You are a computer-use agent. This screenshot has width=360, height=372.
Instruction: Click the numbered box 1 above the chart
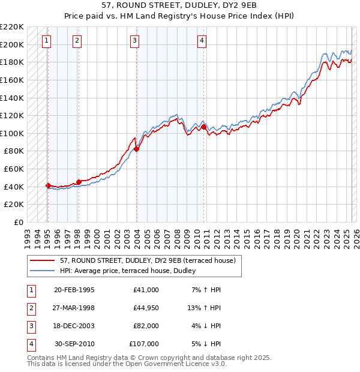tap(47, 41)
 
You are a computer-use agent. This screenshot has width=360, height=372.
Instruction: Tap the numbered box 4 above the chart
tap(202, 41)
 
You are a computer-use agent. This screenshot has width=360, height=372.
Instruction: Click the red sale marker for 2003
tap(137, 149)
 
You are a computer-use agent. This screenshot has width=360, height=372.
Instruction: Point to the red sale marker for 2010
tap(204, 127)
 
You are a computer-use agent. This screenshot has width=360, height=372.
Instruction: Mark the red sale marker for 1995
tap(48, 185)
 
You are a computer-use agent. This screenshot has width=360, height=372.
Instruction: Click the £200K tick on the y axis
tap(13, 44)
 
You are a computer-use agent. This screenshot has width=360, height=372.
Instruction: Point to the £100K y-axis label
tap(13, 133)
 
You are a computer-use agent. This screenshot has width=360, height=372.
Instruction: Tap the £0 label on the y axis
tap(18, 222)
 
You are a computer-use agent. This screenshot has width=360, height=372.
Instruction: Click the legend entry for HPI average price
tap(132, 271)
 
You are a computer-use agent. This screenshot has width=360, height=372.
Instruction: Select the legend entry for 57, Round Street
tap(150, 260)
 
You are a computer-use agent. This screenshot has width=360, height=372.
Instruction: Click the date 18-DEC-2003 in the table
tap(74, 326)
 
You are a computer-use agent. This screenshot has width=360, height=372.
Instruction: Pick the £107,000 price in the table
tap(144, 344)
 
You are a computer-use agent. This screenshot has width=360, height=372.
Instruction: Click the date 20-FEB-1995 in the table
tap(74, 290)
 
